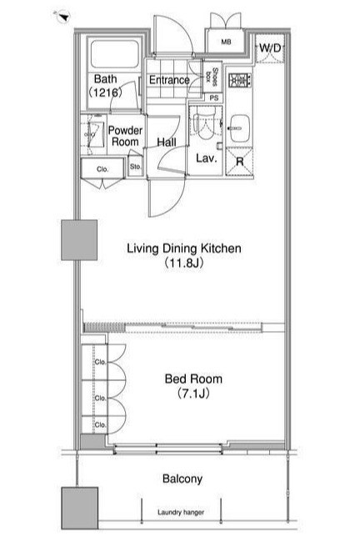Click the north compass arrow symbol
tap(62, 16)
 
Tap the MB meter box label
tap(226, 43)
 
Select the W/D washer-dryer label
tap(270, 48)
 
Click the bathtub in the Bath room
tap(115, 54)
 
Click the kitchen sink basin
tap(239, 128)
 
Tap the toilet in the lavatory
tap(204, 122)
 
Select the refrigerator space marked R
tap(239, 161)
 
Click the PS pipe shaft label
tap(214, 98)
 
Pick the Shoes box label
tap(212, 76)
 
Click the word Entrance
tap(169, 80)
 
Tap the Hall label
tap(167, 142)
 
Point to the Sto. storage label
tap(135, 167)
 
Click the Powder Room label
tap(125, 136)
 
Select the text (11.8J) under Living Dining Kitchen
tap(184, 263)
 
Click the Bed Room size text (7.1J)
tap(193, 394)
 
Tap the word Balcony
tap(182, 479)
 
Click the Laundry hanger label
tap(181, 512)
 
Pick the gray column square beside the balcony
tap(80, 508)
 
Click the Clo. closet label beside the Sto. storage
tap(102, 169)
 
